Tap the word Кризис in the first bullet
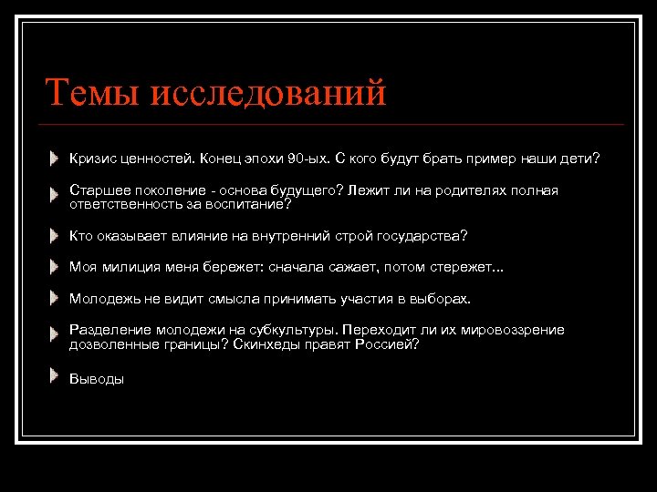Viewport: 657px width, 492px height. [x=93, y=159]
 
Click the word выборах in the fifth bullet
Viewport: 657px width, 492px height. [x=443, y=299]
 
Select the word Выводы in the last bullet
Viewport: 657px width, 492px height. [x=97, y=379]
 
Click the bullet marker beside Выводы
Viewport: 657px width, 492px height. [x=56, y=375]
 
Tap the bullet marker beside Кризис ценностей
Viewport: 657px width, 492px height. [x=56, y=158]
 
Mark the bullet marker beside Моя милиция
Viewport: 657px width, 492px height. [x=56, y=266]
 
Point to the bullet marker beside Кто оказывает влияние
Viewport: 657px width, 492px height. [x=56, y=235]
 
